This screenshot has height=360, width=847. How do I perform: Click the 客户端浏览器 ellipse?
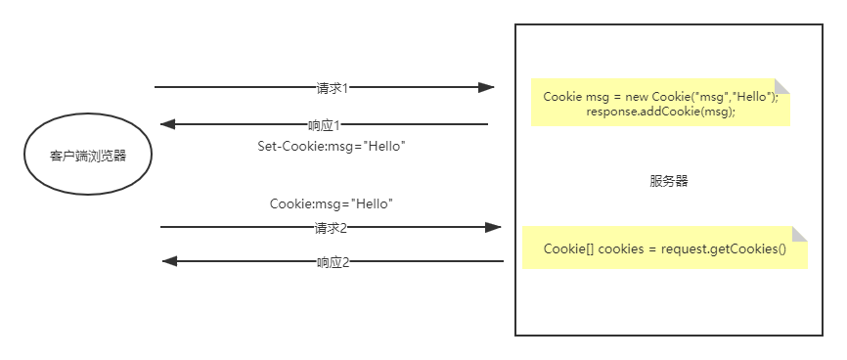[87, 155]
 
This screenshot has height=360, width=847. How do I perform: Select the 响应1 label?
[324, 125]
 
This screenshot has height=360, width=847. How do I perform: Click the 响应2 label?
[333, 262]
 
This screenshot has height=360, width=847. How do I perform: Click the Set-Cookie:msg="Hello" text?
[331, 146]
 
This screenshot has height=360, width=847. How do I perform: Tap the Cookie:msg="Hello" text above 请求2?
[331, 204]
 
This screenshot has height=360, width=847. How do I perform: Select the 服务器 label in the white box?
[668, 182]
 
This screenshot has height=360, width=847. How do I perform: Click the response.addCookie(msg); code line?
[660, 112]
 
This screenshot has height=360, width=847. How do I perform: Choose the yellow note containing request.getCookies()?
[664, 248]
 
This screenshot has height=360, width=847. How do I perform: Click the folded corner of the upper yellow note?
[781, 86]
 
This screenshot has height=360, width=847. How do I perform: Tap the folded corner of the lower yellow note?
[799, 235]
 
